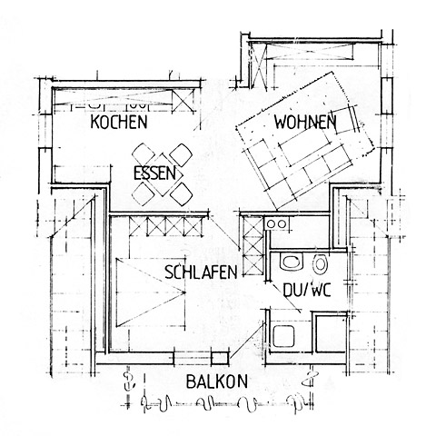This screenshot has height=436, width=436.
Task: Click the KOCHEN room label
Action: point(119,122)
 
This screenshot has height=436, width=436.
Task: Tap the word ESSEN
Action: point(154,173)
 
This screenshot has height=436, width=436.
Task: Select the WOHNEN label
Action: point(305,122)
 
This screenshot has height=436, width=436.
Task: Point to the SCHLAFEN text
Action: point(201,272)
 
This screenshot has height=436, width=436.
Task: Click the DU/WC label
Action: point(307,290)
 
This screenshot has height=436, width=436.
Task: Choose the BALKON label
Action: point(217,381)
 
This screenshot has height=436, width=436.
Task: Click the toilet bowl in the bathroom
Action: point(320,263)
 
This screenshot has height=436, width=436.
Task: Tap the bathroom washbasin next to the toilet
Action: point(292,262)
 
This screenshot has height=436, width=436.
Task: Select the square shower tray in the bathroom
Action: point(283,336)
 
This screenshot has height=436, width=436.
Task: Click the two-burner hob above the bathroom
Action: point(276,224)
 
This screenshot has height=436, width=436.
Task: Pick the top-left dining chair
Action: point(144,154)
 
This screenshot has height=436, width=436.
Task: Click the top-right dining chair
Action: point(181,154)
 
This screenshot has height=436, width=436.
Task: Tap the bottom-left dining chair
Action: point(143,193)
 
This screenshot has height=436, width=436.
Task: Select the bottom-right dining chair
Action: point(182,194)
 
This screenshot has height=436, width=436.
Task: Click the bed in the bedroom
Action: point(151,292)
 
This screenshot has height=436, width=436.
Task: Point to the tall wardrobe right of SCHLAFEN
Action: point(253,246)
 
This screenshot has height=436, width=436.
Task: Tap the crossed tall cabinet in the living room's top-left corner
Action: point(258,64)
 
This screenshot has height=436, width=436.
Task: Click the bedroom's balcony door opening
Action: point(193,359)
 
